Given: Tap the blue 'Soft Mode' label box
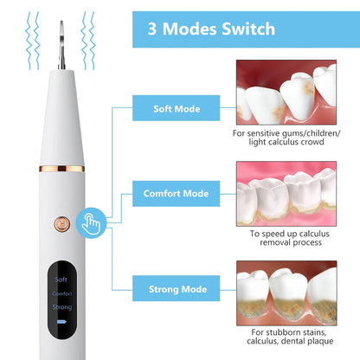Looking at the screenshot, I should coord(177,109).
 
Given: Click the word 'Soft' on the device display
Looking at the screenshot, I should coord(61,280).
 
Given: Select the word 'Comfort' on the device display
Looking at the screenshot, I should coord(61,293).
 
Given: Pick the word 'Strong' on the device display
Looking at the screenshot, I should coord(61,306).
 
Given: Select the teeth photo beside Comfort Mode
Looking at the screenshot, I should coord(286,192).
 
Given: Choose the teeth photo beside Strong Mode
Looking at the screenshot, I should coord(286,292).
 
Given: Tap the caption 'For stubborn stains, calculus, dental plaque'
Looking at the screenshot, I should coord(286,340).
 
